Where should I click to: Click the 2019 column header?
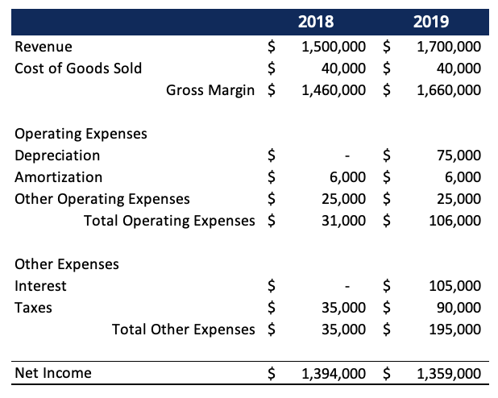pos(431,22)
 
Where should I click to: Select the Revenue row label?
pos(44,47)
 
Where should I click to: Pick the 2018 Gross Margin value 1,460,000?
pos(333,90)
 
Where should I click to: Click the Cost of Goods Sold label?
pos(78,68)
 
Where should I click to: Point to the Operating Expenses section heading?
pos(81,134)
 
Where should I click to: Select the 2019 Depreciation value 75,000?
pos(460,155)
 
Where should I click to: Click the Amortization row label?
pos(58,177)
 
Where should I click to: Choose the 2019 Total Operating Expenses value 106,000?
pos(457,221)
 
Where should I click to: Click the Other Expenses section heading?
pos(66,264)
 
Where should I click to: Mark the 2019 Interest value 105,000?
pos(457,286)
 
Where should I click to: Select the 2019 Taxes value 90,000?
pos(460,308)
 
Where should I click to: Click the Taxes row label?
pos(33,308)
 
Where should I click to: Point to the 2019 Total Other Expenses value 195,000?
pos(457,330)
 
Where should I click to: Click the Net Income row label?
pos(53,373)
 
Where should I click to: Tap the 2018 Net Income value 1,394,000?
pos(333,373)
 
